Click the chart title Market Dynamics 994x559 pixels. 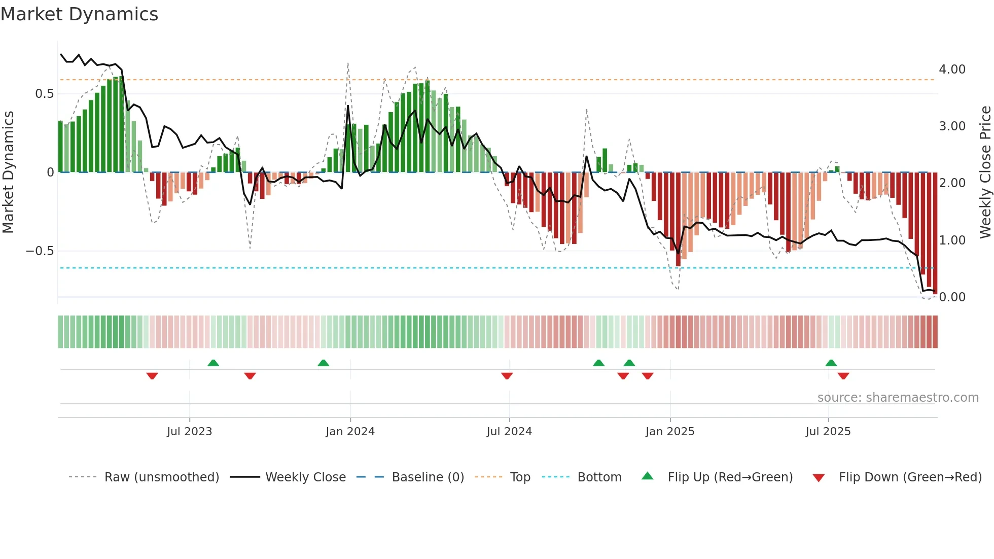80,14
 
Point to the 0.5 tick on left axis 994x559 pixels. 44,94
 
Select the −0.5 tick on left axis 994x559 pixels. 40,251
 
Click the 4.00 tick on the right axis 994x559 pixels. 952,69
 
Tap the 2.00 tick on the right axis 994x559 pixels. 952,183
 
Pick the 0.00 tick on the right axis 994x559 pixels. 952,297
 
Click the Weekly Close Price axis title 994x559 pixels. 985,172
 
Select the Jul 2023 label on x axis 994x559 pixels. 189,432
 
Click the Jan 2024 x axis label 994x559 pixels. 350,432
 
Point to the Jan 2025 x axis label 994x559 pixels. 669,432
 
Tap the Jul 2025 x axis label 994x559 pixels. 828,432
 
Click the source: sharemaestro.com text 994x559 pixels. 898,398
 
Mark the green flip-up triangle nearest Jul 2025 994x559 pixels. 831,363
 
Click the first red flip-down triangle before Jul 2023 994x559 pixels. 152,376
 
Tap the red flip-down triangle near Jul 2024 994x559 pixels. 507,376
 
